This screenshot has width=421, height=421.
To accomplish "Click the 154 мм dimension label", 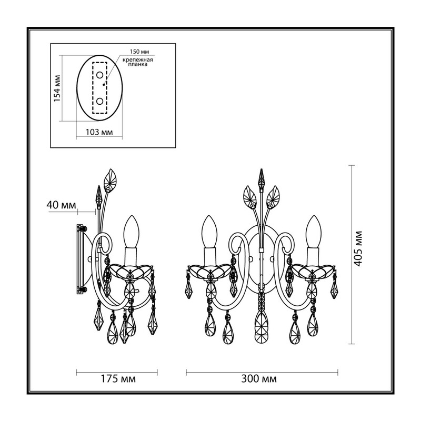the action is pyautogui.click(x=57, y=88).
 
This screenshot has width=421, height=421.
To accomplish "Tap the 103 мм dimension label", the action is pyautogui.click(x=99, y=132).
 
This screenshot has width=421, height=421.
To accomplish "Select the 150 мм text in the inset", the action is pyautogui.click(x=139, y=52).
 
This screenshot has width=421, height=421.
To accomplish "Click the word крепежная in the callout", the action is pyautogui.click(x=138, y=60).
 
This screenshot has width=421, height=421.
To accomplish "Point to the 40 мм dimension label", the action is pyautogui.click(x=61, y=205).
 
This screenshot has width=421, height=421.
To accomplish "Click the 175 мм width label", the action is pyautogui.click(x=118, y=379).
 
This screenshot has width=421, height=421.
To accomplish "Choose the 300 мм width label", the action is pyautogui.click(x=259, y=379).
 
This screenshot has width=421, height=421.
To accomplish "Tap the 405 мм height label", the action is pyautogui.click(x=358, y=248).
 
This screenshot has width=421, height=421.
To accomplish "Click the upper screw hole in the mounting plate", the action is pyautogui.click(x=99, y=75).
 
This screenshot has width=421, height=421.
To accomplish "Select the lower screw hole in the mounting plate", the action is pyautogui.click(x=99, y=102).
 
